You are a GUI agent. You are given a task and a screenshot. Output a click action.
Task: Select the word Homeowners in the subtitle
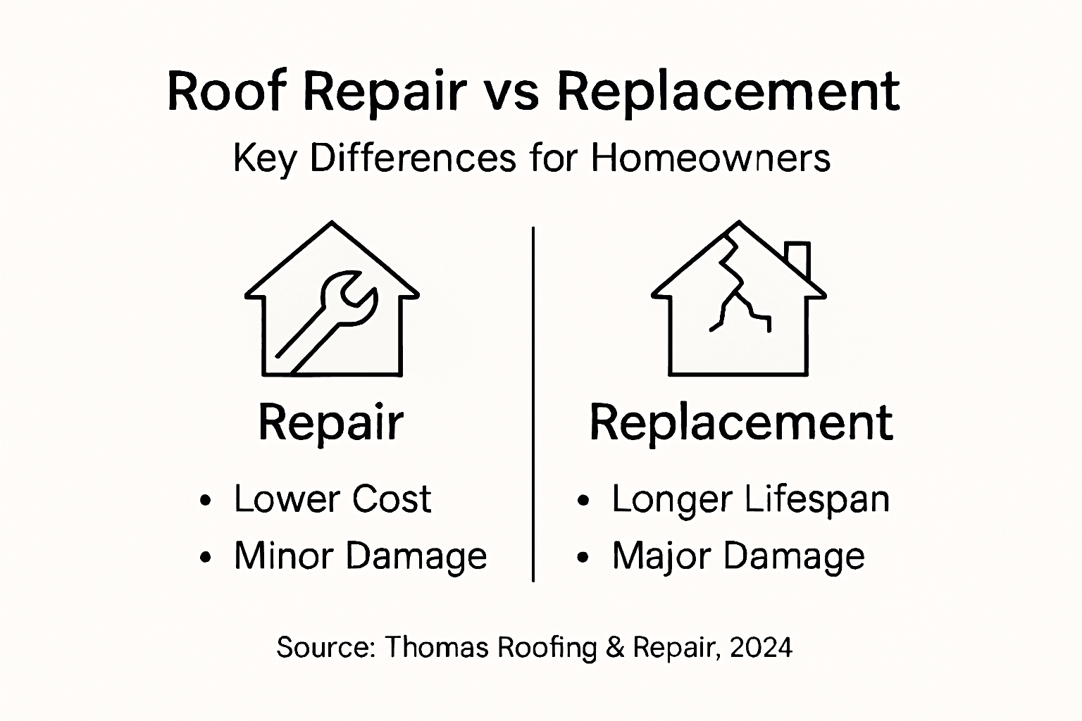click(x=711, y=158)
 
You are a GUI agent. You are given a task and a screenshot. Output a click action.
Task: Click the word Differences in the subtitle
click(x=413, y=158)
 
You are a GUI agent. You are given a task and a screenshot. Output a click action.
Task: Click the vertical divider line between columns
click(x=533, y=404)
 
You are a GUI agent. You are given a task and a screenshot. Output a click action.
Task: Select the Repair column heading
click(x=331, y=422)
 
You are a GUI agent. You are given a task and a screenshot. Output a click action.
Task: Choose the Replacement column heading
click(x=741, y=422)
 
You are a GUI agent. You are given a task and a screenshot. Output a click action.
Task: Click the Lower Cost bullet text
click(x=332, y=499)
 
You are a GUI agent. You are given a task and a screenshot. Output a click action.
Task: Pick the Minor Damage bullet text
click(x=360, y=556)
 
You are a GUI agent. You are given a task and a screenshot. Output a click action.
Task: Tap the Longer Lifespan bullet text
click(x=750, y=499)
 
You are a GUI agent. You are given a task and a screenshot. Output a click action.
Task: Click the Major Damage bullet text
click(x=738, y=556)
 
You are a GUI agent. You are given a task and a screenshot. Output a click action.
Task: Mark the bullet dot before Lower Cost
click(x=205, y=501)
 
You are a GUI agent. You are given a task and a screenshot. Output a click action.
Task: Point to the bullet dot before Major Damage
click(x=582, y=558)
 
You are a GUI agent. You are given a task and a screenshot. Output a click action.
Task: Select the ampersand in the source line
click(x=614, y=646)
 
